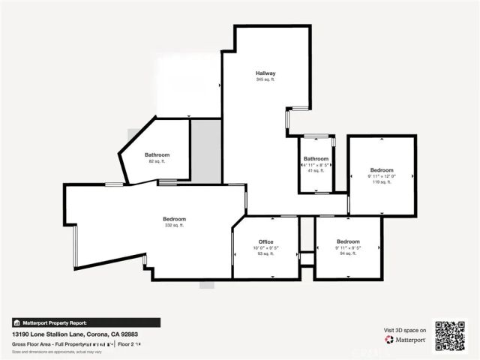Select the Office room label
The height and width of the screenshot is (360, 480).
tap(265, 241)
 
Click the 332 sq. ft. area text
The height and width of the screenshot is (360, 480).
tap(174, 225)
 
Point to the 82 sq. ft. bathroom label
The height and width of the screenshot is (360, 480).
tap(157, 161)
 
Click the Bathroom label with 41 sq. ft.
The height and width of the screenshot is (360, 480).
tap(316, 159)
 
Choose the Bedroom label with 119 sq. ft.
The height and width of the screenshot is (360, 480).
tap(381, 170)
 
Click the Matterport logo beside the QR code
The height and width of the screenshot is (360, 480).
tap(406, 340)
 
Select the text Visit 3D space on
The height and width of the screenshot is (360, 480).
tap(405, 330)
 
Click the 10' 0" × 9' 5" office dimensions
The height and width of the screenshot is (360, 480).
tap(265, 247)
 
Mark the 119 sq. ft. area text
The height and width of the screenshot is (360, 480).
tap(381, 182)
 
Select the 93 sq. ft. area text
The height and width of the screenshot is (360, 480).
tap(265, 253)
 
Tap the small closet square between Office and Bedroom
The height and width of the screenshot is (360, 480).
tap(306, 258)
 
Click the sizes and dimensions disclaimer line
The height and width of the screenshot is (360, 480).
tap(56, 350)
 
